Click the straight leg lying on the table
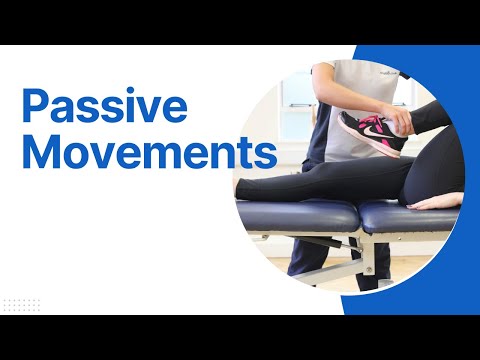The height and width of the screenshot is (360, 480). (300, 184)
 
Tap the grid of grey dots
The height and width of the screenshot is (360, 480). (22, 303)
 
